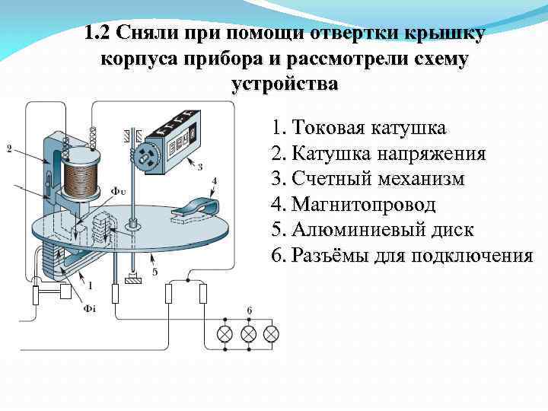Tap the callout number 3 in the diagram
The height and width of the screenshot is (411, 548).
click(x=199, y=167)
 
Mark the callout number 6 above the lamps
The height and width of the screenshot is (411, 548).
click(x=248, y=310)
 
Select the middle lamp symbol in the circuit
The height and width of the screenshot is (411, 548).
click(x=247, y=333)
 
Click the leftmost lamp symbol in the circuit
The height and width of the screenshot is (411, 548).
click(x=225, y=333)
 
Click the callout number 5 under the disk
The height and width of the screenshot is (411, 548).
click(x=155, y=271)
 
